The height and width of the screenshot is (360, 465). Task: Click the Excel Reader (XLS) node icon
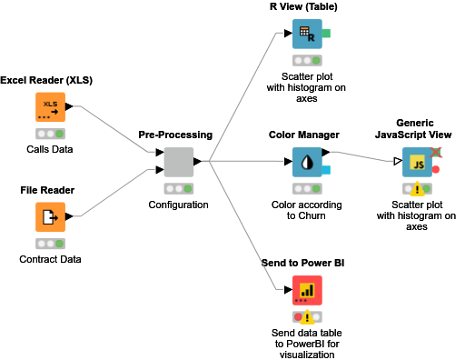click(50, 107)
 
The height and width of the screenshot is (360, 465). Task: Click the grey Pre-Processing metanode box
click(178, 163)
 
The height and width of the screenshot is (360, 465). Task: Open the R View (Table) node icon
click(307, 35)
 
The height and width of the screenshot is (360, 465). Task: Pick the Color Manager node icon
click(307, 163)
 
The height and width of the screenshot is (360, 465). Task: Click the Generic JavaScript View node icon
click(417, 163)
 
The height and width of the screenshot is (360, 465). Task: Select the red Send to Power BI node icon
click(307, 291)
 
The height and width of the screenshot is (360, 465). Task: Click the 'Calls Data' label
click(50, 149)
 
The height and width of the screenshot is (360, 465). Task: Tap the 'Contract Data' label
click(50, 260)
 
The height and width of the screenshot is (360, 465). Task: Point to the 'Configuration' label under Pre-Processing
click(178, 205)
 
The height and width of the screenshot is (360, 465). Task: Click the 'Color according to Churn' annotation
click(307, 211)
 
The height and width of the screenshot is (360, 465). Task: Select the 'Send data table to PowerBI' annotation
click(307, 344)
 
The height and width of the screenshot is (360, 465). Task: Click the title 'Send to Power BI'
click(307, 263)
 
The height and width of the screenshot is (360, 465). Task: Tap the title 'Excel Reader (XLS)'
click(46, 81)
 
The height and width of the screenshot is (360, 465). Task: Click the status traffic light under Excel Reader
click(50, 134)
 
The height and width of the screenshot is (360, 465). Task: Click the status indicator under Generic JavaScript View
click(417, 189)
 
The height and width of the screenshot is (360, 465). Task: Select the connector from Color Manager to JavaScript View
click(363, 158)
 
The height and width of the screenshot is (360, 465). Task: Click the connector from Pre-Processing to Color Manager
click(245, 162)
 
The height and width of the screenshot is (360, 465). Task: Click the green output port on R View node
click(326, 35)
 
